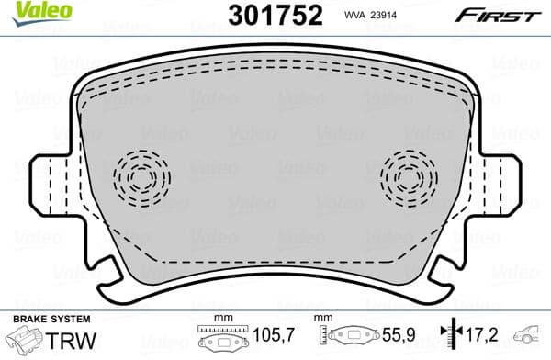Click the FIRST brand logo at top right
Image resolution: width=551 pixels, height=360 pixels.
(x=511, y=14)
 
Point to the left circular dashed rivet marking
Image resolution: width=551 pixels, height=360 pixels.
(x=141, y=174)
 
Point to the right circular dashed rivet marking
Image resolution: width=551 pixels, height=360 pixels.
(x=410, y=174)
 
